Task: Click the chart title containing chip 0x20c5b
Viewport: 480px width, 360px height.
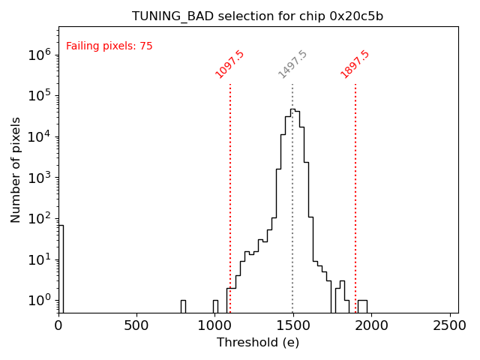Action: click(258, 16)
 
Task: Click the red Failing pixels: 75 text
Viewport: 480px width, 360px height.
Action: click(109, 46)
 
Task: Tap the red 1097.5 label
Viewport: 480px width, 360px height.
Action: click(230, 64)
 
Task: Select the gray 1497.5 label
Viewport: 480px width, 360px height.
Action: click(293, 64)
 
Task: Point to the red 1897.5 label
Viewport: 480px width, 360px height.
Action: click(355, 64)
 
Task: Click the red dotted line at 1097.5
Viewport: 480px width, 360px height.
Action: click(230, 187)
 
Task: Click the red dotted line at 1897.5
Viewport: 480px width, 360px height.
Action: click(355, 187)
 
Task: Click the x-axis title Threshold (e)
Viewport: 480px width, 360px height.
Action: click(258, 343)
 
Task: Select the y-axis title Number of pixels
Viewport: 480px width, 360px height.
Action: click(16, 169)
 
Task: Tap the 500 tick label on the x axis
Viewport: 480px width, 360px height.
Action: click(136, 325)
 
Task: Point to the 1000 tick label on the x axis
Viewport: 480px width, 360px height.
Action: click(214, 325)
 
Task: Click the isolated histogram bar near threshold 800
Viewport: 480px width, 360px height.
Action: click(183, 306)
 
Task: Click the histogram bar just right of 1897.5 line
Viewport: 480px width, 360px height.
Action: click(362, 306)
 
